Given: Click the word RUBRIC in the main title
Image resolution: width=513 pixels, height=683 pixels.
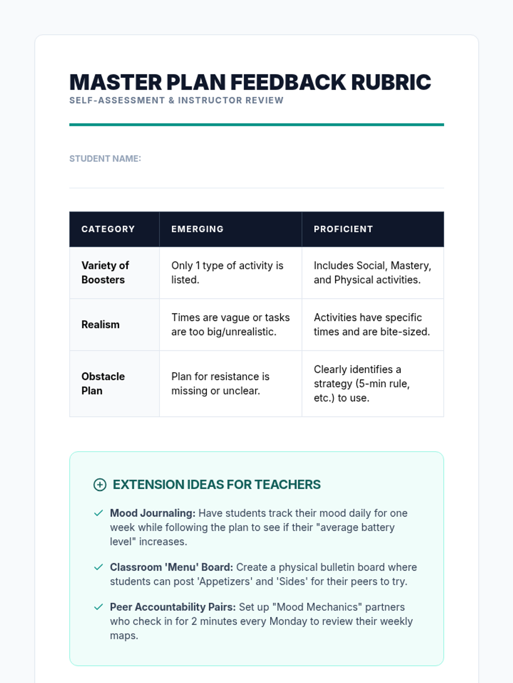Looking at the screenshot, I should [x=391, y=82].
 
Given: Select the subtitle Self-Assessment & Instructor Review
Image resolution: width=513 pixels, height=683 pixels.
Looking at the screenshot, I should [x=176, y=100].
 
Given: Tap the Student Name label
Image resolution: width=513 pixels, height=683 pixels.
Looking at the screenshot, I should [x=105, y=159].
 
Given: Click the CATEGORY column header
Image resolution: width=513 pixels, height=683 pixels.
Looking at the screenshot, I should [x=108, y=229].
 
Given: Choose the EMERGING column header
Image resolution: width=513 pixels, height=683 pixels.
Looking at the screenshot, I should [x=198, y=229].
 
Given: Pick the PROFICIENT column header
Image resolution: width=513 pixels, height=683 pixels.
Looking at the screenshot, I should [x=343, y=229].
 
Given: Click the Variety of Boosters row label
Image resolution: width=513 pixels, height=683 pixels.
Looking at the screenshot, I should [x=105, y=273].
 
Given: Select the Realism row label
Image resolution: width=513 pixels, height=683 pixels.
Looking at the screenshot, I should [x=100, y=325].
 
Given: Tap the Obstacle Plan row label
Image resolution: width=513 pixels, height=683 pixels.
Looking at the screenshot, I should [x=103, y=384].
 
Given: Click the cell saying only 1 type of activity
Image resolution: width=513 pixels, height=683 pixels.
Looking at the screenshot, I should [x=227, y=273].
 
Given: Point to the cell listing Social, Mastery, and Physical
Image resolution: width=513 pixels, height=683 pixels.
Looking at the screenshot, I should [x=372, y=273].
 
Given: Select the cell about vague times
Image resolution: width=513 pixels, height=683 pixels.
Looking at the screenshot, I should [x=230, y=325].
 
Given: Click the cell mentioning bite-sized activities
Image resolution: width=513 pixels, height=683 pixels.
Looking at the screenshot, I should [x=371, y=325].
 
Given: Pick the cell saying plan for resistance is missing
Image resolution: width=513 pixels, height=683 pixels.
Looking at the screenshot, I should [x=220, y=384].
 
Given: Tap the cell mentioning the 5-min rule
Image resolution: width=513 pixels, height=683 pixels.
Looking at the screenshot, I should [x=362, y=384].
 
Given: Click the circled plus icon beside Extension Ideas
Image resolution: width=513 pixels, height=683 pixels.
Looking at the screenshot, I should [x=100, y=485].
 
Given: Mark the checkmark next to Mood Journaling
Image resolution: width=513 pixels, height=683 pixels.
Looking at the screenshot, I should [x=98, y=513].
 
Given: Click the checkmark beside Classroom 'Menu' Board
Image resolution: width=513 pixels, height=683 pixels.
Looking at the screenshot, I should [x=98, y=567].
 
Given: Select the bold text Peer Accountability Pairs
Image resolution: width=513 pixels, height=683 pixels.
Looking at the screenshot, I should [x=173, y=607].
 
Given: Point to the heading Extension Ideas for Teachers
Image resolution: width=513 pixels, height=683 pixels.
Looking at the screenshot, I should [x=216, y=485].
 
